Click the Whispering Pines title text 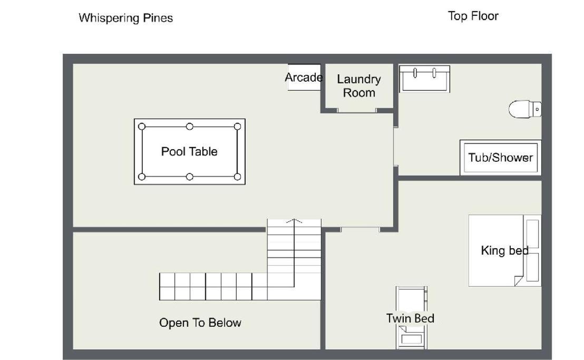tap(126, 18)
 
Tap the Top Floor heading tap(473, 16)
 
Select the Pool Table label tap(189, 151)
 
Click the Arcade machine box tap(304, 77)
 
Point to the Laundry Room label tap(359, 86)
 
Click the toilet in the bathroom tap(525, 109)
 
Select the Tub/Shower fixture tap(501, 158)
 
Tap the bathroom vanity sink tap(424, 79)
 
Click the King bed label tap(504, 250)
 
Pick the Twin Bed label tap(410, 318)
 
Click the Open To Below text tap(200, 323)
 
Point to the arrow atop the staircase tap(294, 221)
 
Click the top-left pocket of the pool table tap(142, 127)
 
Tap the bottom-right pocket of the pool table tap(237, 177)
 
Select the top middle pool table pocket tap(190, 127)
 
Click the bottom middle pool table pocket tap(190, 177)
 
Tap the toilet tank tap(537, 110)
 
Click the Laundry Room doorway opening tap(356, 111)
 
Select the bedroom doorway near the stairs tap(360, 230)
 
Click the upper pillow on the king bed tap(532, 234)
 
